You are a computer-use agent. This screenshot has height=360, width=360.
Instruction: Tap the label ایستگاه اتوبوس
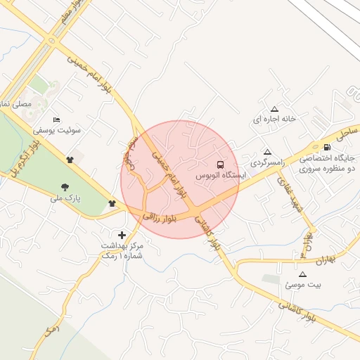tap(219, 174)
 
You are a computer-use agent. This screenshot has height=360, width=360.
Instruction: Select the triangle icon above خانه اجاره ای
tap(275, 109)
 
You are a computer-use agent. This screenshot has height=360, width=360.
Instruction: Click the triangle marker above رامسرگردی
tap(266, 152)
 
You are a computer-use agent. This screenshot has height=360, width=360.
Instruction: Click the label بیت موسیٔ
tap(303, 285)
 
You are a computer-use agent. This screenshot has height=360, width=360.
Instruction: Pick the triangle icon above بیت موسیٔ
tap(303, 274)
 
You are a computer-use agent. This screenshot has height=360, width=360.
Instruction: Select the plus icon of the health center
tap(122, 234)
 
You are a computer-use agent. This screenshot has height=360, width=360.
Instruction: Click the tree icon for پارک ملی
tap(65, 187)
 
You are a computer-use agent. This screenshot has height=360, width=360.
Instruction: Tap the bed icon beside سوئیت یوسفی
tap(57, 120)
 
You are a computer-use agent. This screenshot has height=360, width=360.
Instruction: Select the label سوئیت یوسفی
tap(57, 131)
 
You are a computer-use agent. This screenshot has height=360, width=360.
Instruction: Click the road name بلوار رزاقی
tap(158, 217)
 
